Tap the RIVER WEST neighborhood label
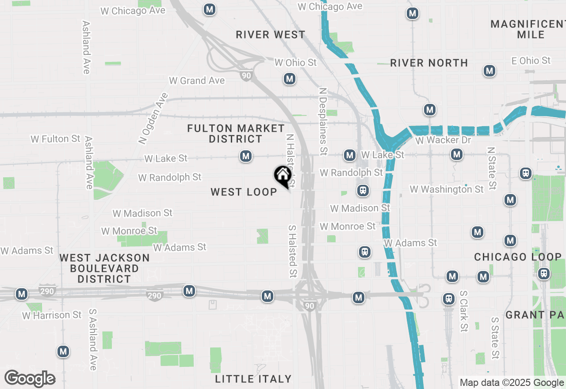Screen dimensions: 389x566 (x=271, y=34)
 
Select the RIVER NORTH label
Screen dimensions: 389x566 (x=429, y=63)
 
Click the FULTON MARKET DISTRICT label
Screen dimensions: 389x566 (x=236, y=133)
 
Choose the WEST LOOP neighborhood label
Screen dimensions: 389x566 (x=244, y=192)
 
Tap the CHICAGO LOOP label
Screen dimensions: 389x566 (x=518, y=257)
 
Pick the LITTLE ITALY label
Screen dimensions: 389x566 (x=253, y=379)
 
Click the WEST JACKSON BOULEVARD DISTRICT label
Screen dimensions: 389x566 (x=104, y=268)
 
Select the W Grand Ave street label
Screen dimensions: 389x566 (x=197, y=80)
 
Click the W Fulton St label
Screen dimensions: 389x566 (x=56, y=139)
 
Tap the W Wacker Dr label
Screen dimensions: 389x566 (x=444, y=141)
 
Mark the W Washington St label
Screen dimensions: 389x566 (x=447, y=189)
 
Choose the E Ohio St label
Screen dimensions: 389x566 (x=531, y=61)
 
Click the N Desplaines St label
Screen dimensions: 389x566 (x=323, y=121)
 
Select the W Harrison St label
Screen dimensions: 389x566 (x=52, y=315)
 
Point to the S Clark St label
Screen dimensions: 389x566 (x=463, y=311)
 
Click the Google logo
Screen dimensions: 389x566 (x=30, y=378)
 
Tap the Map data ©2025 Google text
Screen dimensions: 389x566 (x=512, y=383)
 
